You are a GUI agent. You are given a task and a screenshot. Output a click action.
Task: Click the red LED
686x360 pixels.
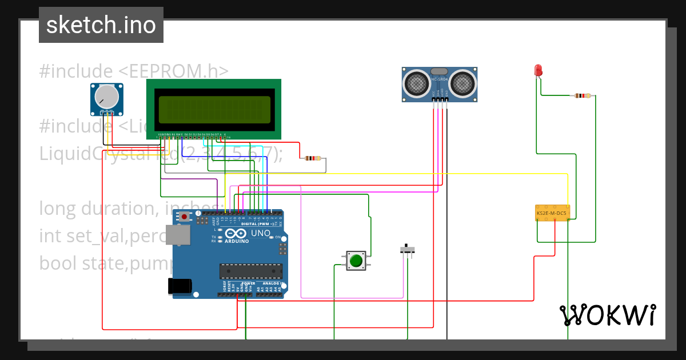pyautogui.click(x=538, y=70)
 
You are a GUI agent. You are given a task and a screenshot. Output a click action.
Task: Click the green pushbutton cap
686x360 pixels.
pyautogui.click(x=356, y=261)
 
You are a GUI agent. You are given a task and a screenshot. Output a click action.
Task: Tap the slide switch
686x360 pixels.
pyautogui.click(x=406, y=249)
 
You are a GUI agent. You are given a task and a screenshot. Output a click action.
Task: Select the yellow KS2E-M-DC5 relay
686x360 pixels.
pyautogui.click(x=552, y=213)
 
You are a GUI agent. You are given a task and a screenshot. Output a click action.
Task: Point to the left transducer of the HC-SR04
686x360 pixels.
pyautogui.click(x=417, y=83)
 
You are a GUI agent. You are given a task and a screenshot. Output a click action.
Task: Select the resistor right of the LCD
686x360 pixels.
pyautogui.click(x=312, y=158)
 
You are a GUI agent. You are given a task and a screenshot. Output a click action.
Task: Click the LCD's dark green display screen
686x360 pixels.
pyautogui.click(x=214, y=109)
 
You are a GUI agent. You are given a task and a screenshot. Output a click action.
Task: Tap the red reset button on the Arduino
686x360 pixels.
pyautogui.click(x=184, y=217)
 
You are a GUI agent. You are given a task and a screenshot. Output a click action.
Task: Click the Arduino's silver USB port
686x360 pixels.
pyautogui.click(x=179, y=235)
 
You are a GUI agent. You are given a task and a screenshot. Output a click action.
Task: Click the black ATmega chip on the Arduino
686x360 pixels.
pyautogui.click(x=251, y=271)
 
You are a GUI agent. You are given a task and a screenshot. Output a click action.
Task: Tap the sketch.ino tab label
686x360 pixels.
pyautogui.click(x=101, y=25)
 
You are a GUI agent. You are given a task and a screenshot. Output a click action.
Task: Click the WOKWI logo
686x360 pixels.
pyautogui.click(x=607, y=315)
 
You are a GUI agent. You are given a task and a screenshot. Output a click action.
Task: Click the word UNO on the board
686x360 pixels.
pyautogui.click(x=260, y=233)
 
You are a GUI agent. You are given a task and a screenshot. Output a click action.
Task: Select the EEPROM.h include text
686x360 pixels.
pyautogui.click(x=134, y=71)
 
